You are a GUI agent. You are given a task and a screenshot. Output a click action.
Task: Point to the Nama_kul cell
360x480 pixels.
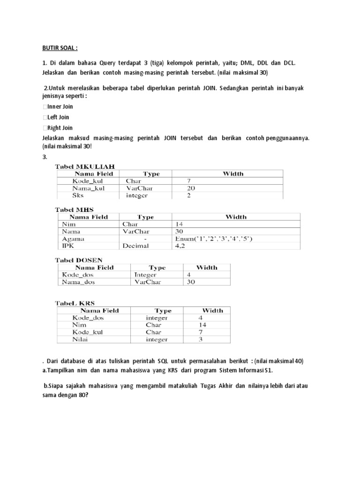tap(88, 188)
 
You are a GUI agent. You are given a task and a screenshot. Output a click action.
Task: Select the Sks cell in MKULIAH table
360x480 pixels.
tap(78, 195)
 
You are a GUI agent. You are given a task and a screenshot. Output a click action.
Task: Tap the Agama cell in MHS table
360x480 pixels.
tap(70, 239)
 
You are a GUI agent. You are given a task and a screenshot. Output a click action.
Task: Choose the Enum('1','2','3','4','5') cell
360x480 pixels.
tap(213, 239)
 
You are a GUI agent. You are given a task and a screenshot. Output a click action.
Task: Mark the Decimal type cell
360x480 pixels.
tap(135, 246)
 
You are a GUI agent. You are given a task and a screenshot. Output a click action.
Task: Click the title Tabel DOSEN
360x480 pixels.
tap(79, 260)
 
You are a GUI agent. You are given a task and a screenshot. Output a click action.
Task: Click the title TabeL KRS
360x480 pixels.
tap(75, 303)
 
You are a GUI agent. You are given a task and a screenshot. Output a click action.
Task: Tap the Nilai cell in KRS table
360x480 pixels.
tap(81, 339)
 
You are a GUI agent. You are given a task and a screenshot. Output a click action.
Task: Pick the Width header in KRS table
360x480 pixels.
tap(212, 310)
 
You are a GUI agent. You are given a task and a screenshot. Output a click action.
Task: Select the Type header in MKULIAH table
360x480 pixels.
tap(151, 173)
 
